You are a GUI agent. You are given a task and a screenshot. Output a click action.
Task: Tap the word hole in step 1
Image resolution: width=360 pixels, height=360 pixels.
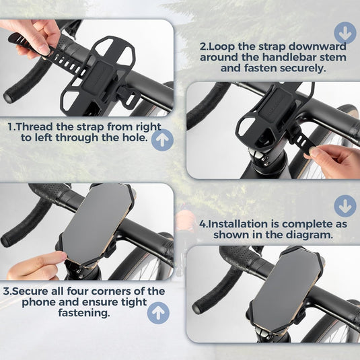click(134, 137)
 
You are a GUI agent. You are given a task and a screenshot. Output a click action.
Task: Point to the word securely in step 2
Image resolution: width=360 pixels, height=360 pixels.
click(299, 68)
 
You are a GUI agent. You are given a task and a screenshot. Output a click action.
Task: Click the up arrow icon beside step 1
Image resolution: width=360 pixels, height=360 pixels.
click(161, 139)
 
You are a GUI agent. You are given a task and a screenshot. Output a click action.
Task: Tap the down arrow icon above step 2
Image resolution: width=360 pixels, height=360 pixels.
click(345, 32)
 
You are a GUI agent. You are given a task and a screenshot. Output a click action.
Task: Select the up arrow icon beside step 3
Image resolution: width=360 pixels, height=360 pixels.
click(159, 313)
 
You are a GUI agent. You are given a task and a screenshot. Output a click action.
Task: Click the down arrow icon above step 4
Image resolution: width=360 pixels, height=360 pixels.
click(345, 205)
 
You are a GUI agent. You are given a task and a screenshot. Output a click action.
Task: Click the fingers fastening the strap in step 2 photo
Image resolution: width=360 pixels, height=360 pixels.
click(333, 159)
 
